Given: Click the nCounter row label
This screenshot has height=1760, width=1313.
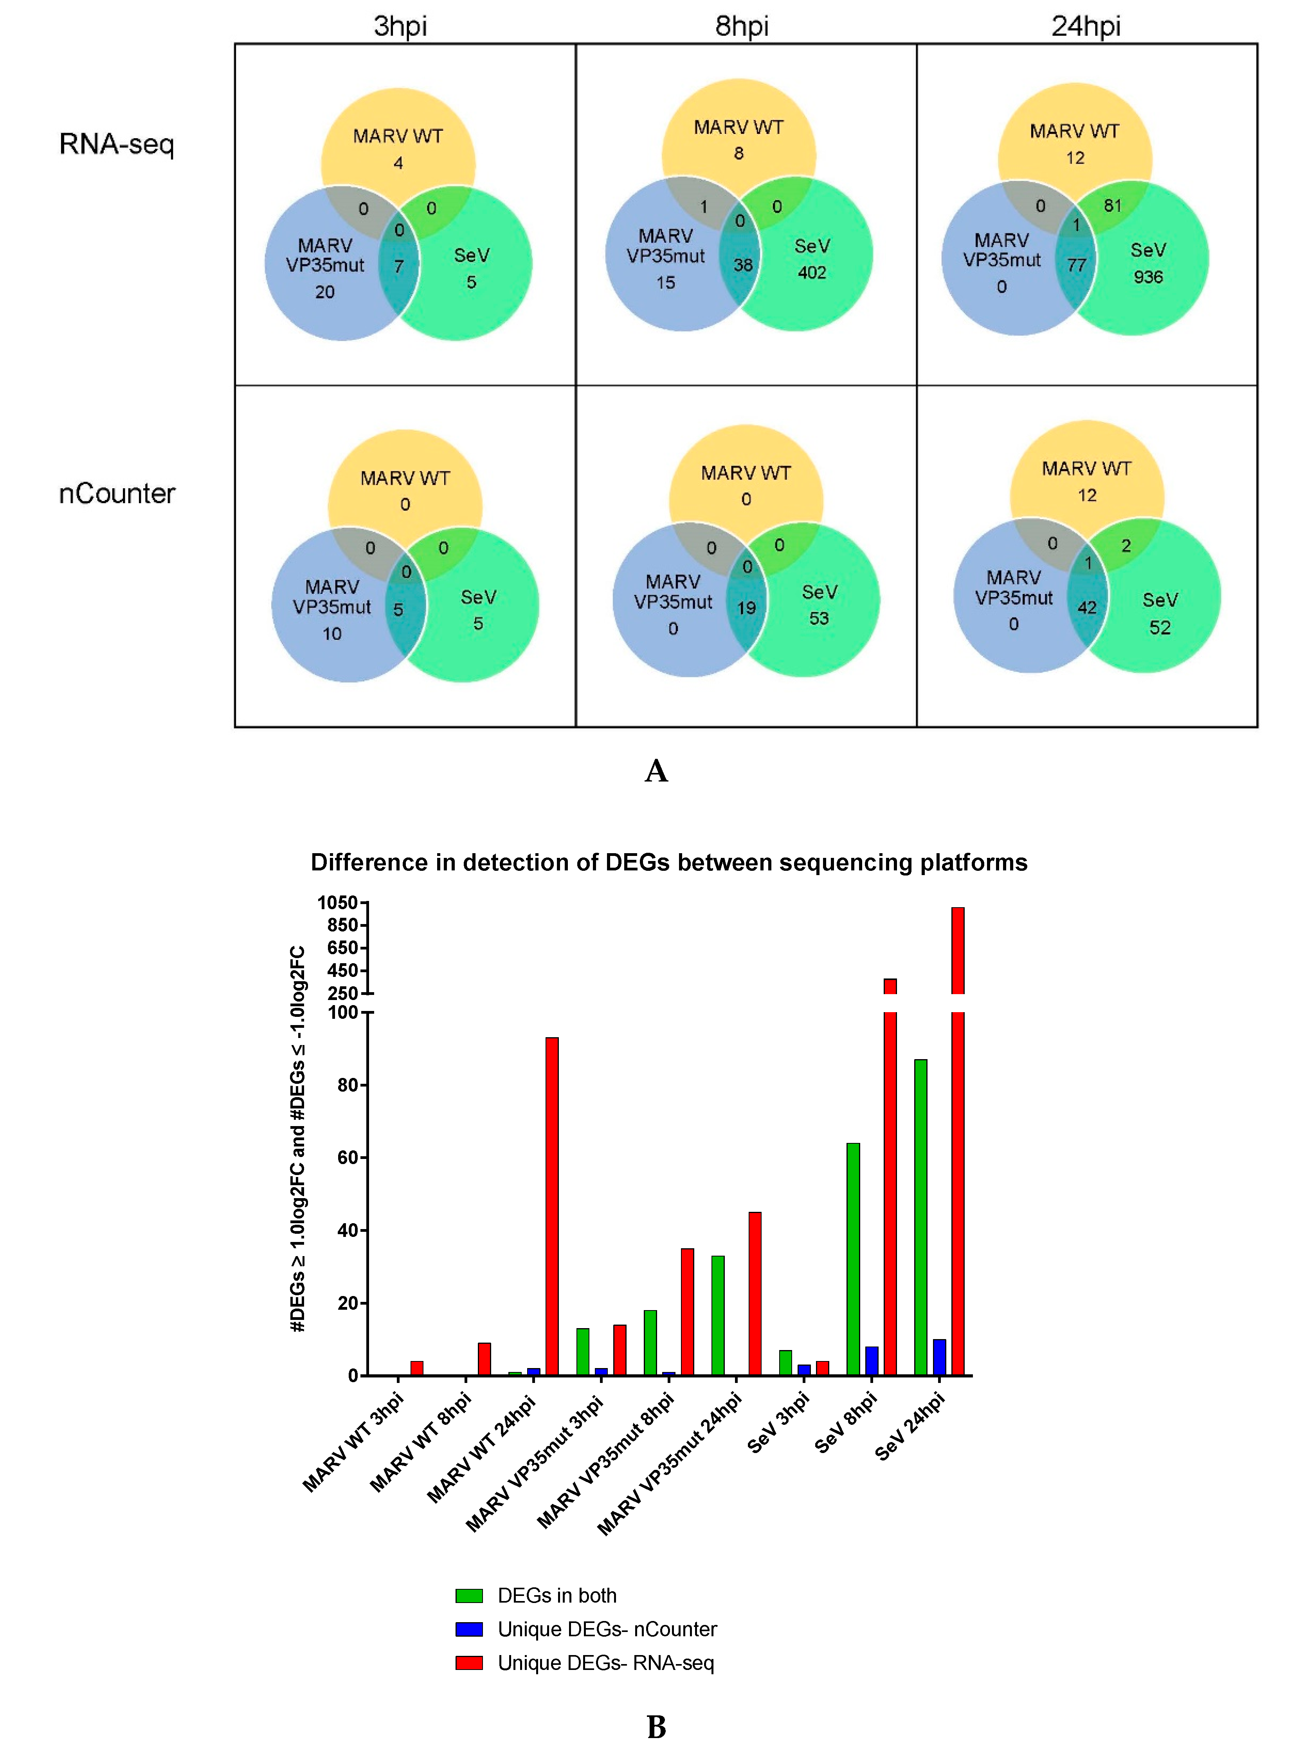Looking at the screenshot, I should [117, 494].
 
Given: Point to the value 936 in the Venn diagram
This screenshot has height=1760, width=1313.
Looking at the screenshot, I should [1148, 277].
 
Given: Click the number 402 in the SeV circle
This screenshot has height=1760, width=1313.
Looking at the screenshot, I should [812, 273].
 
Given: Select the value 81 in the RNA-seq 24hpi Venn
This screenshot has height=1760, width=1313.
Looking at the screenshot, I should [1112, 206].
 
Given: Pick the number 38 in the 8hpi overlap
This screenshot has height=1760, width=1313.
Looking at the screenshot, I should [742, 265].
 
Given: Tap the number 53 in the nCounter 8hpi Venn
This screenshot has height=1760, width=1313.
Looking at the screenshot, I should [819, 619].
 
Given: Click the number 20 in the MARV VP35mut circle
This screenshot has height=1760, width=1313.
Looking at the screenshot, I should [324, 292].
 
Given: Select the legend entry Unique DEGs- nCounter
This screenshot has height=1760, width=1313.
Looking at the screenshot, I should [607, 1629].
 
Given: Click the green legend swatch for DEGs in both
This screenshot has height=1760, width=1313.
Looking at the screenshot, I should [469, 1596].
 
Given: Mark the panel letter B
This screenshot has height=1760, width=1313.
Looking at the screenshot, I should [657, 1727].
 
